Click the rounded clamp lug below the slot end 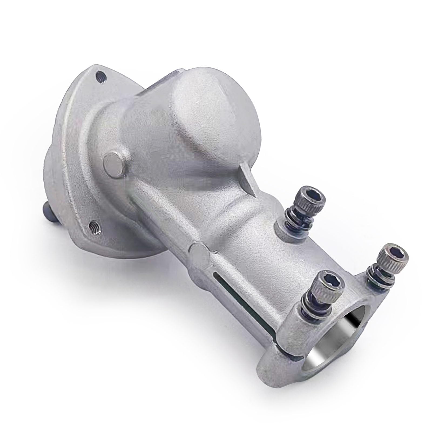pyautogui.click(x=275, y=362)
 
